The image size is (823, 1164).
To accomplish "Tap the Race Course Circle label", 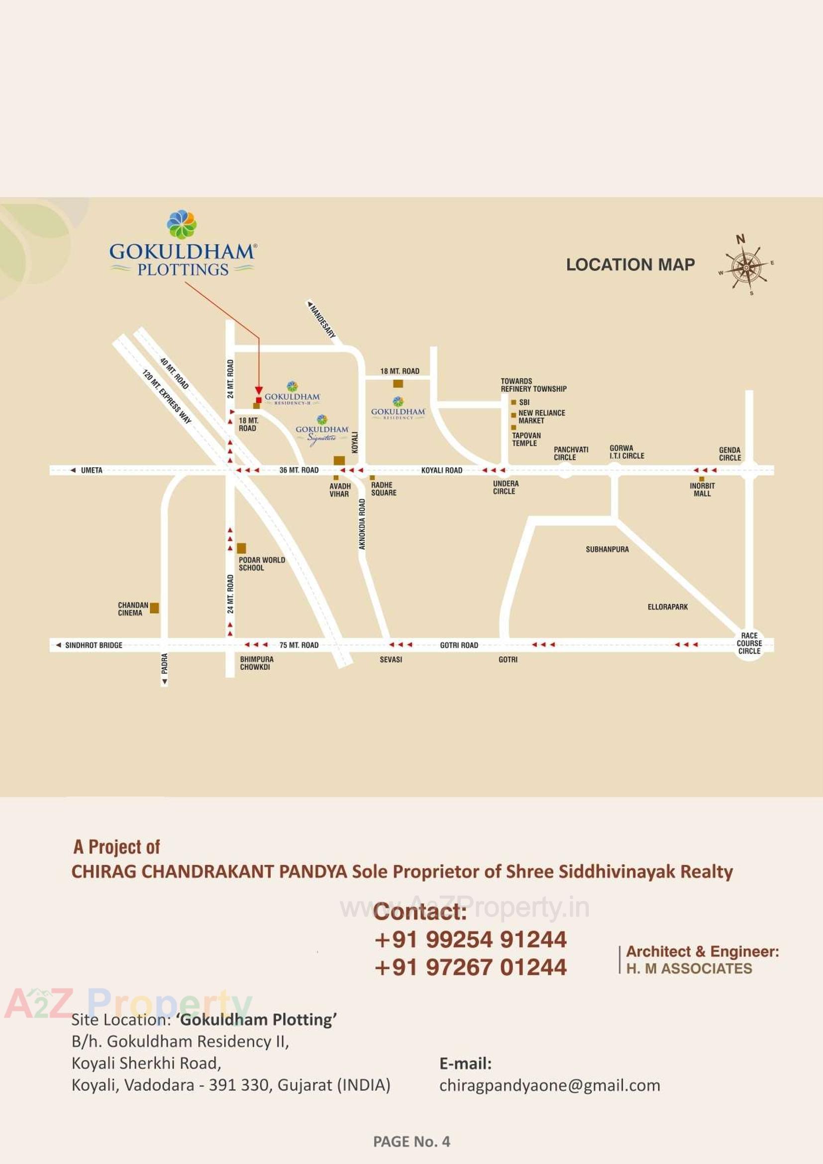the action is pyautogui.click(x=749, y=643).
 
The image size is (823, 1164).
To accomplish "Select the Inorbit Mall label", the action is pyautogui.click(x=702, y=489).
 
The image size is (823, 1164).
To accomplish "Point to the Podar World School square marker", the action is pyautogui.click(x=242, y=548).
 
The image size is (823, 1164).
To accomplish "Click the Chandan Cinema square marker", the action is pyautogui.click(x=154, y=608).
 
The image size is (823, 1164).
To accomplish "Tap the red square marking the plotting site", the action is pyautogui.click(x=259, y=400).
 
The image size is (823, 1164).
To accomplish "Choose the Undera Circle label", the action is pyautogui.click(x=505, y=487).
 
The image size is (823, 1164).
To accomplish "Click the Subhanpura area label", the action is pyautogui.click(x=607, y=549).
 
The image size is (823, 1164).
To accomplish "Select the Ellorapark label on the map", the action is pyautogui.click(x=667, y=607).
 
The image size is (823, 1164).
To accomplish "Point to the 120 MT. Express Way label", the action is pyautogui.click(x=167, y=397).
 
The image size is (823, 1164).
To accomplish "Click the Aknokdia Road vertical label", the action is pyautogui.click(x=362, y=524).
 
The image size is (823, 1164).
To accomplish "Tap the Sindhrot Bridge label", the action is pyautogui.click(x=93, y=645).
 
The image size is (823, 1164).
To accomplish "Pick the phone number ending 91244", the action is pyautogui.click(x=470, y=939).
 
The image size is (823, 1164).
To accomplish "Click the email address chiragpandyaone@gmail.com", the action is pyautogui.click(x=549, y=1085).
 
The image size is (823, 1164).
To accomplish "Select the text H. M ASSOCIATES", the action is pyautogui.click(x=689, y=968).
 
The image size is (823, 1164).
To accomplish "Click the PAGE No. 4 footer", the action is pyautogui.click(x=411, y=1141).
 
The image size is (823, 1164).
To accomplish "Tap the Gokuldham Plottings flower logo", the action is pyautogui.click(x=182, y=224).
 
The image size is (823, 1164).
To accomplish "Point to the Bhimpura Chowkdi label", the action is pyautogui.click(x=256, y=663).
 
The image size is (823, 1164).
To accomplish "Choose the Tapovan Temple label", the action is pyautogui.click(x=526, y=439).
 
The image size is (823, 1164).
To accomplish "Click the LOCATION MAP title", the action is pyautogui.click(x=630, y=265).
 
